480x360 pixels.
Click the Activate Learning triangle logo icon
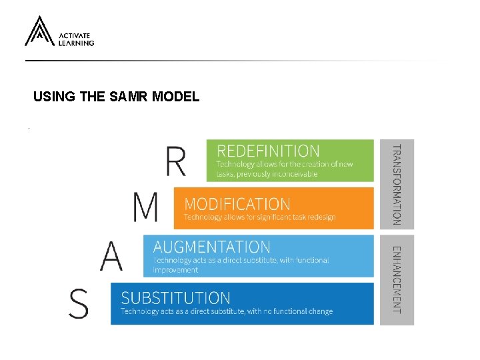click(39, 31)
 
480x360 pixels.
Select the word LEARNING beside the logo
click(77, 43)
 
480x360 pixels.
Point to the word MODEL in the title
click(175, 97)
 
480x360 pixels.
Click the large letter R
click(175, 161)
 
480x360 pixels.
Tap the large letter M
click(146, 207)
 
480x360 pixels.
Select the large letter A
click(112, 255)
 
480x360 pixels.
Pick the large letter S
click(79, 303)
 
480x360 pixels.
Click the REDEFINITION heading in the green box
click(268, 151)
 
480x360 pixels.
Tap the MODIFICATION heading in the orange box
click(237, 204)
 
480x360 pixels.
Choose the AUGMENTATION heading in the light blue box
click(212, 247)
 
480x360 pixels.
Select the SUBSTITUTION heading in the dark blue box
click(175, 297)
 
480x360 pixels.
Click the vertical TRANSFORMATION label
click(397, 185)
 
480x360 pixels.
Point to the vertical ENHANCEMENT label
click(397, 279)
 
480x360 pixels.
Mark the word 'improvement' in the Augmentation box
click(175, 270)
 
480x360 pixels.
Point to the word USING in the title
click(54, 97)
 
